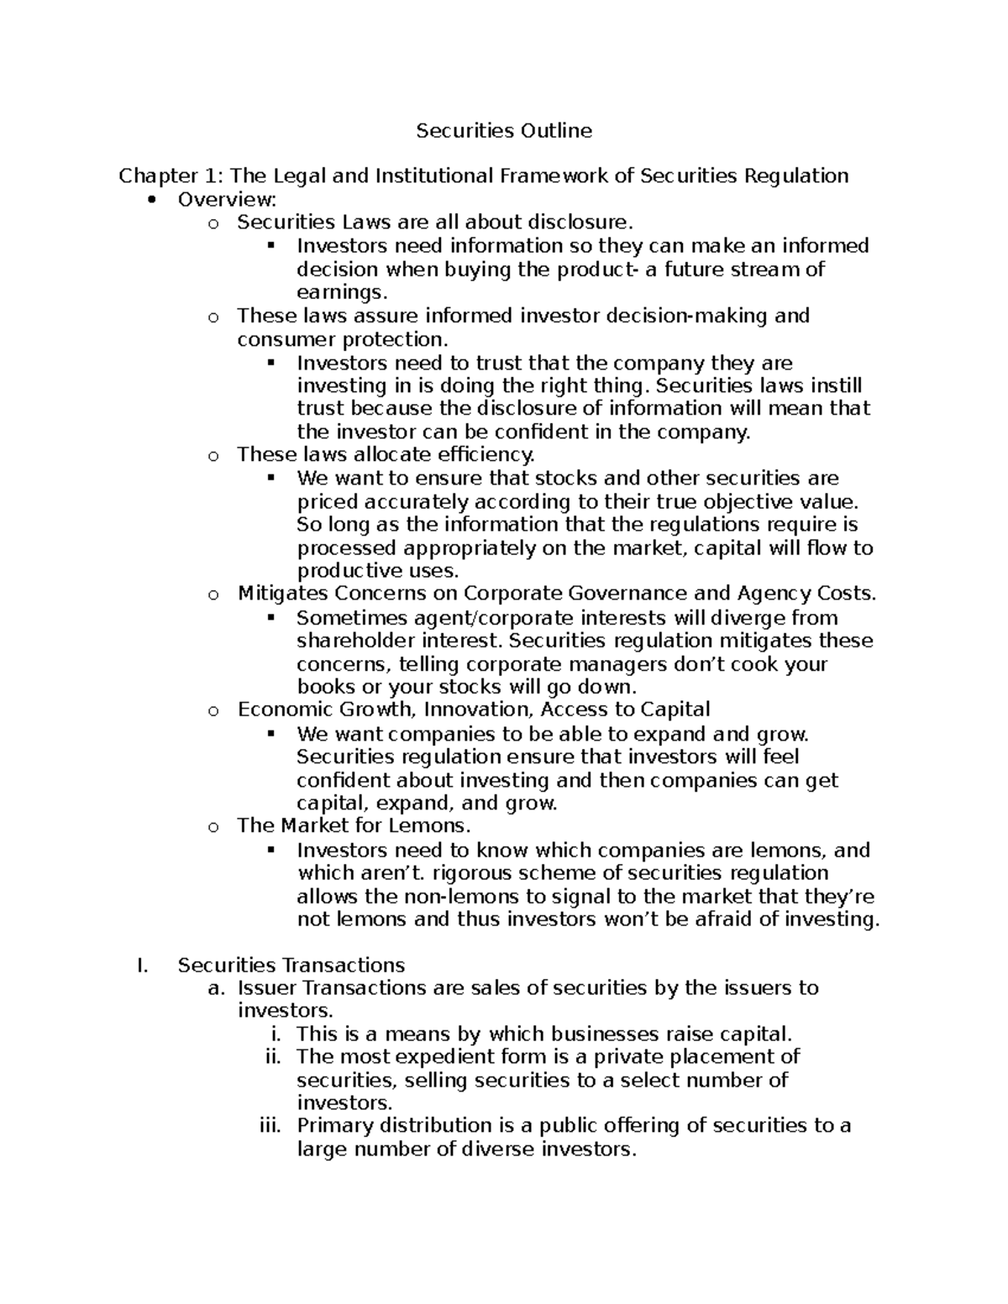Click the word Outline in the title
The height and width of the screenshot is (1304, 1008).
point(555,130)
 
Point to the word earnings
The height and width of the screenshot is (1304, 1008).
point(343,292)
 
